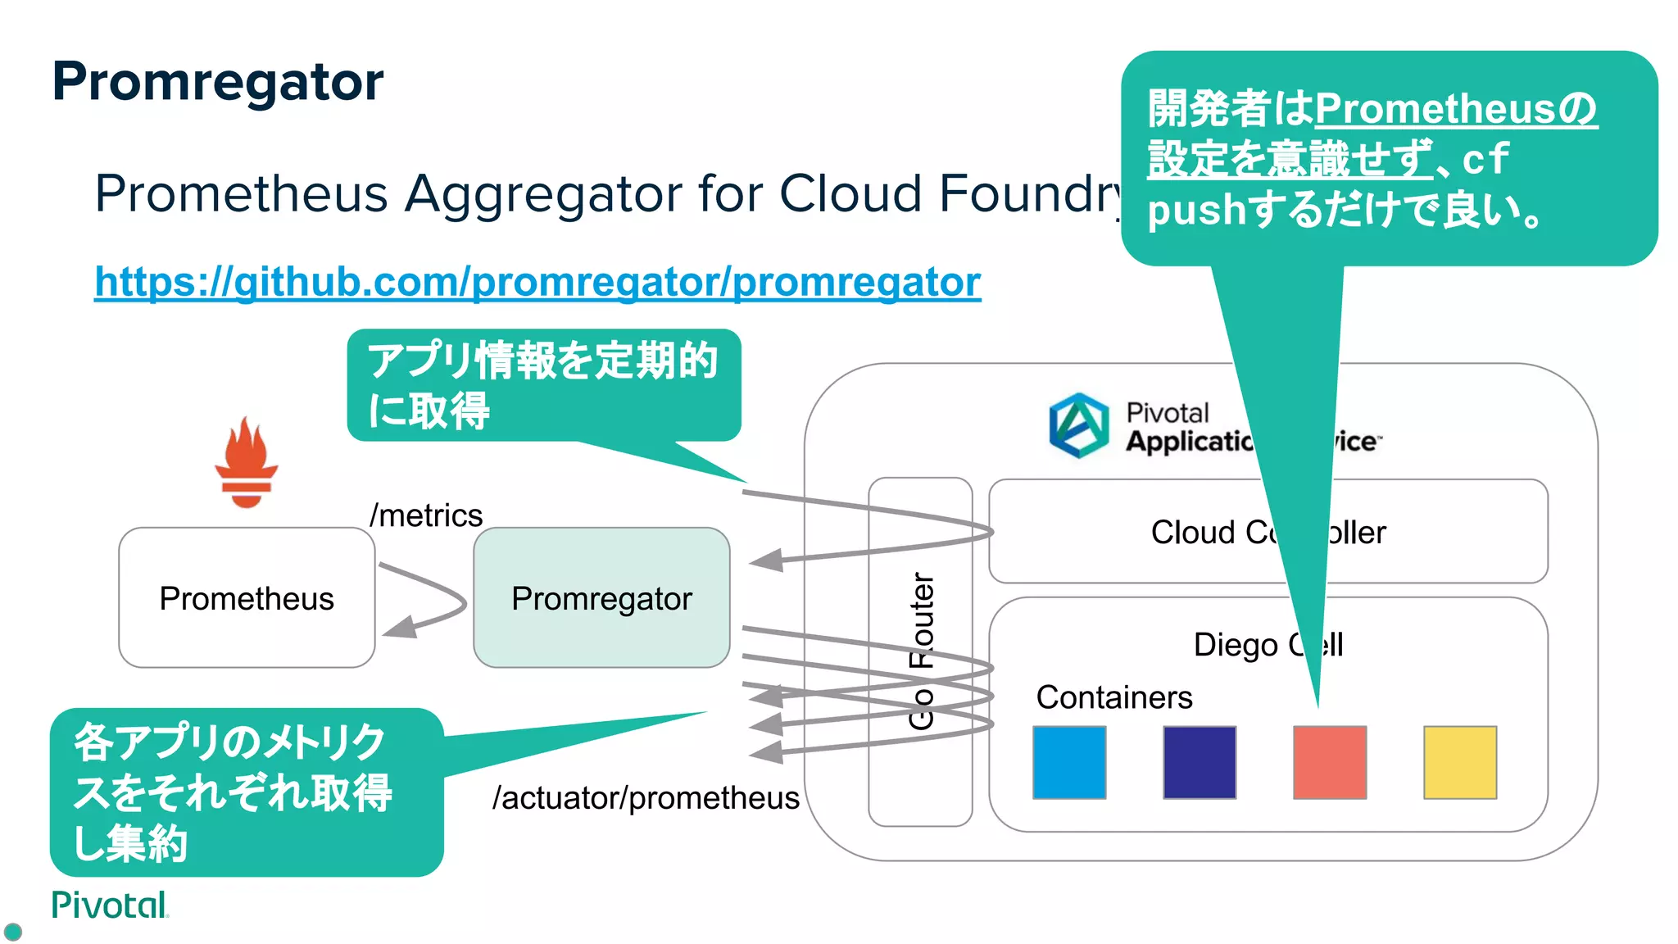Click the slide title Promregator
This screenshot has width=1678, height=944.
(x=217, y=82)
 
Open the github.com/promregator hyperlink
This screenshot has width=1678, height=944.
(x=537, y=282)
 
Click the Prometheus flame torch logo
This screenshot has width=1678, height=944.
(x=246, y=463)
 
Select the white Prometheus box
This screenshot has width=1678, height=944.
(x=247, y=598)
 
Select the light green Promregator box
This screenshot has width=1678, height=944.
(x=601, y=598)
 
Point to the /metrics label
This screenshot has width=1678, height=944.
(x=426, y=515)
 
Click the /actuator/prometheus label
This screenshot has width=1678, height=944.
(x=646, y=797)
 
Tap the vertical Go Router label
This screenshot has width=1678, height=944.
(x=921, y=651)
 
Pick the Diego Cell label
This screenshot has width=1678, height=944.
(x=1237, y=645)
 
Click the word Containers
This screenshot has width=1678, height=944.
(x=1114, y=697)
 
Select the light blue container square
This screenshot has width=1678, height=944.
(x=1069, y=762)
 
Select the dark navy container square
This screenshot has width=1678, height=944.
(x=1200, y=762)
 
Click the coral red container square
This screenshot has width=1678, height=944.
(x=1330, y=762)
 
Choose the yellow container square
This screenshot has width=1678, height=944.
(x=1460, y=762)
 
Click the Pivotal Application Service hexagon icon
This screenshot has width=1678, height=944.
(x=1079, y=425)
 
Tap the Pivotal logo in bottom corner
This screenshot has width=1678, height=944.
(x=109, y=905)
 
